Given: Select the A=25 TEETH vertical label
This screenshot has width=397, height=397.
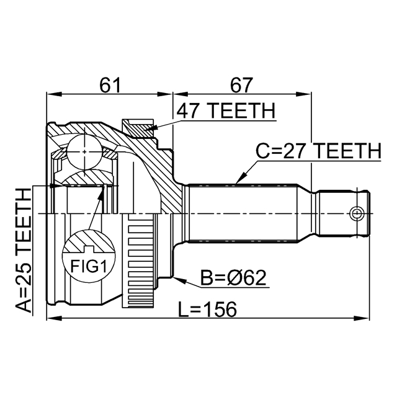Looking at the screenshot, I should (x=24, y=251).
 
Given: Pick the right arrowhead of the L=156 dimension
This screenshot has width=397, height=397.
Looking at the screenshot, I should (x=368, y=319).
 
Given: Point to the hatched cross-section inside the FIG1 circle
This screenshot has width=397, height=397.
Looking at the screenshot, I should (x=87, y=243).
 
